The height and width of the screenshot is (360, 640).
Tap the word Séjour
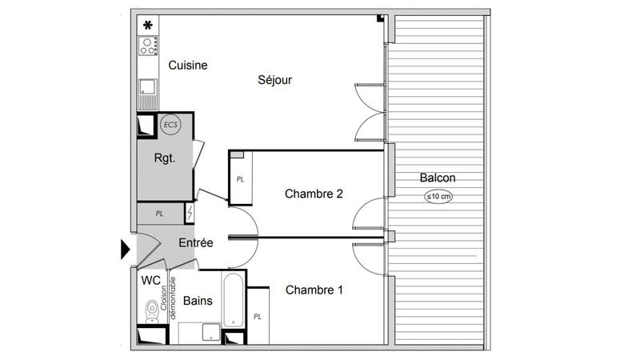(x=274, y=80)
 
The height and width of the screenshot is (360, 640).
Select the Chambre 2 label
(x=314, y=193)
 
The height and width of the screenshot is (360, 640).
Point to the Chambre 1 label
(x=314, y=290)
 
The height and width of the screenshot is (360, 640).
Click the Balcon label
(x=438, y=178)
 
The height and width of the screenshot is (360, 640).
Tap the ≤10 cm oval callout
(x=438, y=196)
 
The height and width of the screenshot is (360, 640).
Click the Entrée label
(x=195, y=242)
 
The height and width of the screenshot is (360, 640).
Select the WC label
(x=150, y=281)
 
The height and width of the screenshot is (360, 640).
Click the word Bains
(x=197, y=301)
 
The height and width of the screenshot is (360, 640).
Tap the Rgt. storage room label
(x=165, y=158)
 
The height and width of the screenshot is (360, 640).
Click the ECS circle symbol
(x=170, y=124)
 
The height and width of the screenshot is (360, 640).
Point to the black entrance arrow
(x=125, y=249)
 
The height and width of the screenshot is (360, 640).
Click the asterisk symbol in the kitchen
(x=147, y=25)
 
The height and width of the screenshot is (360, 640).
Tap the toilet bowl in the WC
(x=150, y=309)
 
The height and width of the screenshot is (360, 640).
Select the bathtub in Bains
(x=233, y=302)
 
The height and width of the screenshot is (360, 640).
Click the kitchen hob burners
(x=147, y=46)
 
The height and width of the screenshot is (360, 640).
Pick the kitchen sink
(x=147, y=86)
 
